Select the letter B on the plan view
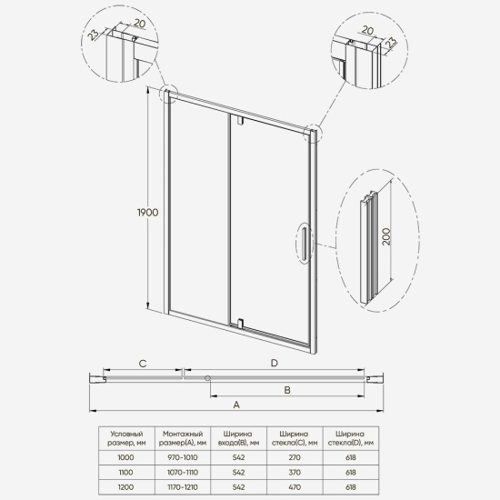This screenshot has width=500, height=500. click(x=286, y=389)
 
